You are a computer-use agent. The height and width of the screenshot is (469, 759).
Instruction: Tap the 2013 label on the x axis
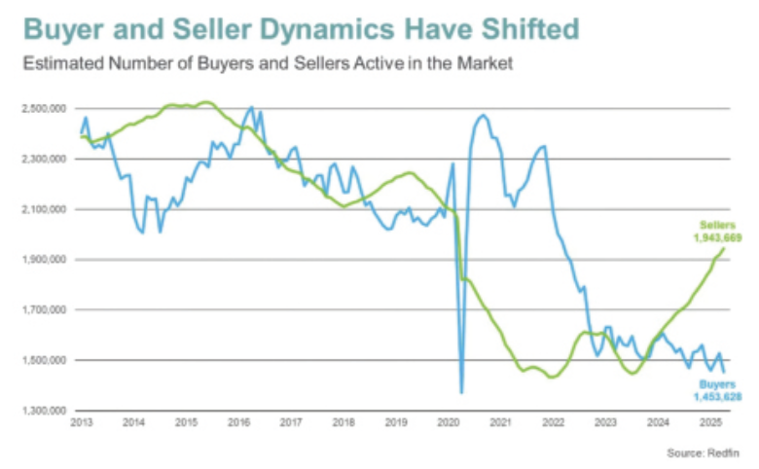[81, 422]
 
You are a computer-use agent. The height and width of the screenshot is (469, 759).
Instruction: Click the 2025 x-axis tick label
[710, 422]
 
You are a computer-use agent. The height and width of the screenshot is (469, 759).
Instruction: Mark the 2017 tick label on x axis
[290, 422]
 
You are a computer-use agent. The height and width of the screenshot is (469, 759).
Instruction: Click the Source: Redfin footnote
[705, 452]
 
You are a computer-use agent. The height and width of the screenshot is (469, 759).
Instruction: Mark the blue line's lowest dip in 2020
[461, 392]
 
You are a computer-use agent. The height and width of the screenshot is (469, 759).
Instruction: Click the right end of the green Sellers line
[725, 248]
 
